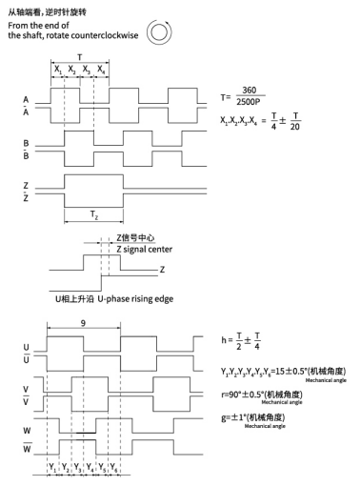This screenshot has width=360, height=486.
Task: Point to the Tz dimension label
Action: click(x=93, y=216)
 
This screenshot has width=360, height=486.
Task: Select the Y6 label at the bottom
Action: click(x=114, y=469)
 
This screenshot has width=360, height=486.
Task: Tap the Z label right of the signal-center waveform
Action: click(x=163, y=270)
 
